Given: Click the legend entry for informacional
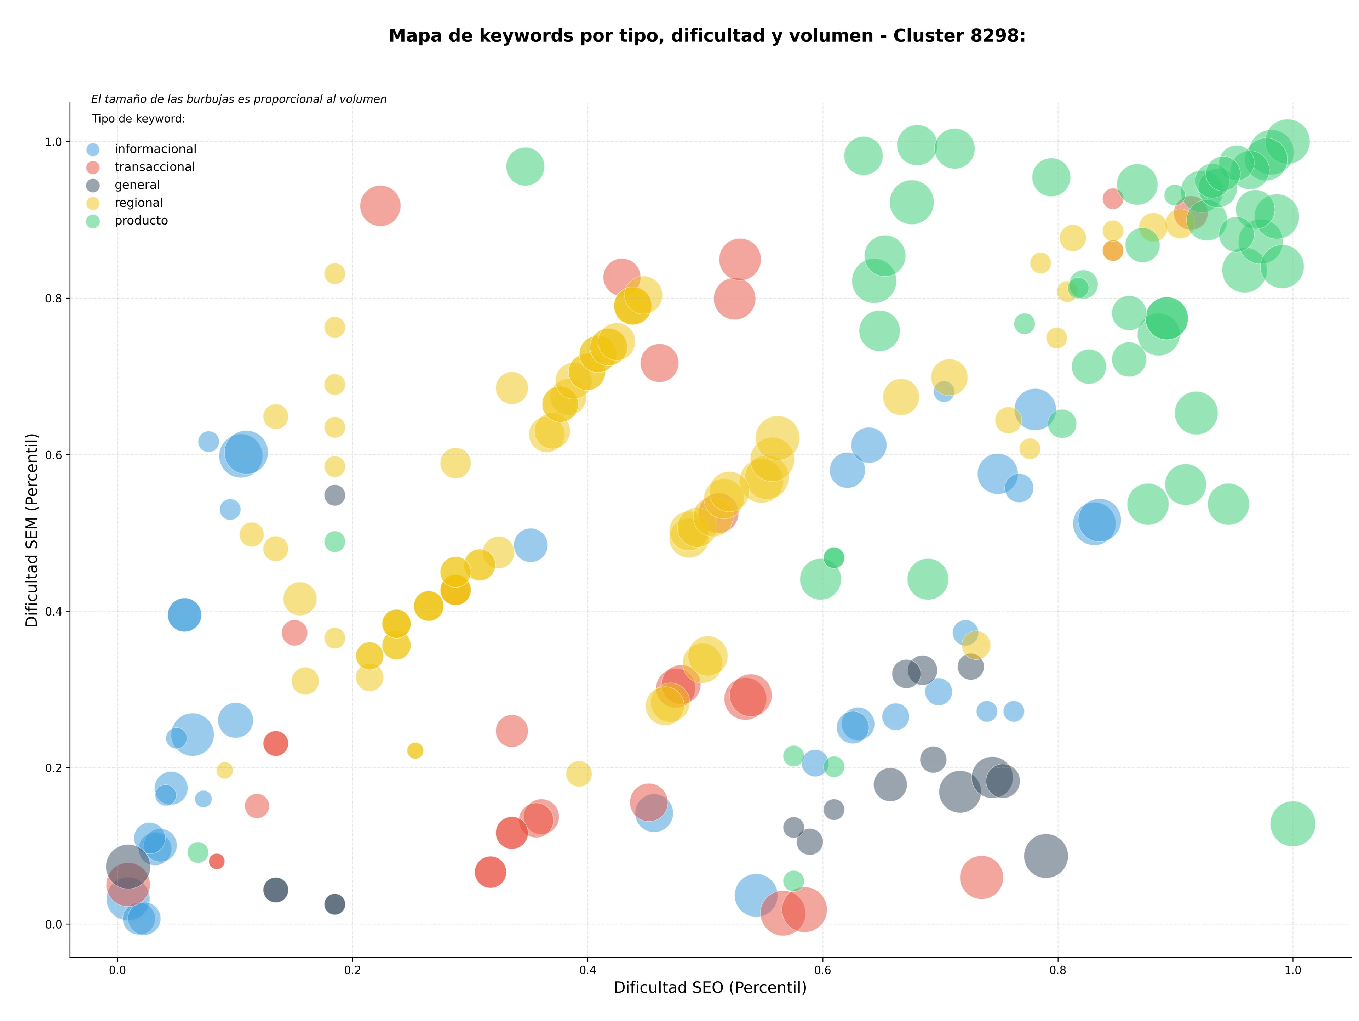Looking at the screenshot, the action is [x=141, y=149].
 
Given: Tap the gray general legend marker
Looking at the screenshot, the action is [x=93, y=185].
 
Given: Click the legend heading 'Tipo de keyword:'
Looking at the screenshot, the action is [x=139, y=119].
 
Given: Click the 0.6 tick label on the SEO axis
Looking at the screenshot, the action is [x=822, y=971].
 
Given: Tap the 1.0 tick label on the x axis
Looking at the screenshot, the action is [x=1293, y=971].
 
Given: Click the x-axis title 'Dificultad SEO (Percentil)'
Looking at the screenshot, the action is [x=710, y=988].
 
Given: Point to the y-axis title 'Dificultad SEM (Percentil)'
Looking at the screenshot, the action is [x=32, y=530].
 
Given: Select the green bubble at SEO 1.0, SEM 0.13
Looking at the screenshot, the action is [x=1293, y=824].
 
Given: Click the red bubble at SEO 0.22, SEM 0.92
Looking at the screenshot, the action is [x=380, y=205].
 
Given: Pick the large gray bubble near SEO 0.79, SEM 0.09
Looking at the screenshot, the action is [x=1046, y=856].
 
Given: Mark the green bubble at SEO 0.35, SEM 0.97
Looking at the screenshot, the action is [x=525, y=166].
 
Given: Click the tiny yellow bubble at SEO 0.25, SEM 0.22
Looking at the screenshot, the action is [x=415, y=750].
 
